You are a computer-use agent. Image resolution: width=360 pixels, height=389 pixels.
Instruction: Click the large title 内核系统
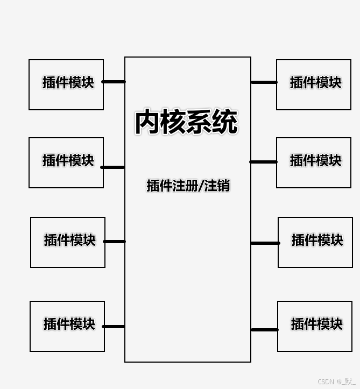(x=187, y=122)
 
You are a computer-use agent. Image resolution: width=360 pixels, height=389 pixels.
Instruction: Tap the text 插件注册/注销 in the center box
(x=188, y=185)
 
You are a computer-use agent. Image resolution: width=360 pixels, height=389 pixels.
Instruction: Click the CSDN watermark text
(x=336, y=381)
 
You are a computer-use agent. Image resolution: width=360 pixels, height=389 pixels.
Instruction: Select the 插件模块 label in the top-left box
(x=68, y=82)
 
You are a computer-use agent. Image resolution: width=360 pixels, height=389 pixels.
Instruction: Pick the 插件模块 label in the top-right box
(x=316, y=82)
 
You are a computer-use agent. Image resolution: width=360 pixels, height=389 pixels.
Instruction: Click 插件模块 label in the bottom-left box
(x=69, y=324)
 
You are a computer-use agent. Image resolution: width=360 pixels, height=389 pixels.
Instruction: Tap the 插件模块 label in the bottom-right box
(x=317, y=324)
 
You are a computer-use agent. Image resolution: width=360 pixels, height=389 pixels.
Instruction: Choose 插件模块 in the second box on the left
(x=68, y=160)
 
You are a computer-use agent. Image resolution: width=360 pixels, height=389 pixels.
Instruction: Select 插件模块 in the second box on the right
(x=316, y=160)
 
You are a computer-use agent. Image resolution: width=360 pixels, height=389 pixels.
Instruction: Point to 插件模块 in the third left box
(x=70, y=240)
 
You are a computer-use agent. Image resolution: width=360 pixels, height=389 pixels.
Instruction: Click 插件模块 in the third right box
(x=317, y=240)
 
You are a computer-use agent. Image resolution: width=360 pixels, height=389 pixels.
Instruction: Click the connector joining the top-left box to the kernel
(x=114, y=82)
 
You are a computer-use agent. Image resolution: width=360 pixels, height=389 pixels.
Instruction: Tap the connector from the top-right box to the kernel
(x=264, y=82)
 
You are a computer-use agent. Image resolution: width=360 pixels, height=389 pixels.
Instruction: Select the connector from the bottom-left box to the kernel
(x=114, y=327)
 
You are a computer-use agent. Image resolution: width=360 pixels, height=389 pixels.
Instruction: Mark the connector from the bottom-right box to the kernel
(x=265, y=330)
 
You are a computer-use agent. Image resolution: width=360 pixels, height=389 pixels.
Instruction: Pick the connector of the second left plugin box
(x=112, y=167)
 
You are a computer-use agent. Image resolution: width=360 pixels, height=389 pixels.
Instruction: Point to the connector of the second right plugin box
(x=263, y=162)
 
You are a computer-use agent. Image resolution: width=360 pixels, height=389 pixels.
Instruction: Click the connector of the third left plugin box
(x=115, y=242)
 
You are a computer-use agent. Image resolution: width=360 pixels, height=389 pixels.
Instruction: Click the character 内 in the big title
(x=147, y=122)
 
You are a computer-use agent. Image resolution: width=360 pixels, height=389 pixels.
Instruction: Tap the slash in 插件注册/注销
(x=201, y=186)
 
